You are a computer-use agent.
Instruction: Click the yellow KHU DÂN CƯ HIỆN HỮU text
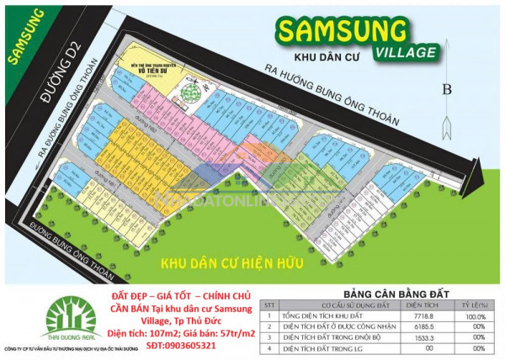(x=233, y=262)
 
